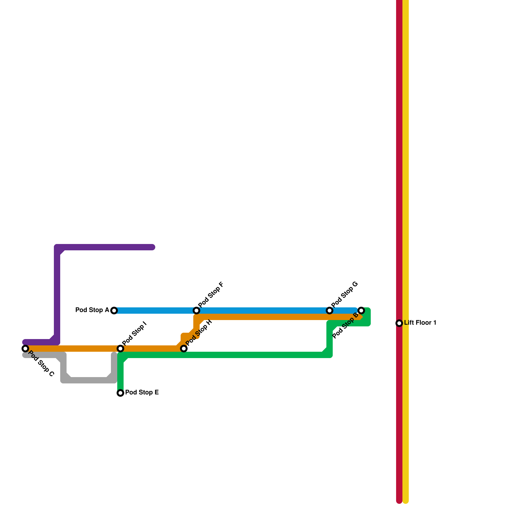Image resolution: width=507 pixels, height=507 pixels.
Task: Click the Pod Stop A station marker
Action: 114,311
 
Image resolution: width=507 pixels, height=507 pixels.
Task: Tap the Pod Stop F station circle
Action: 196,311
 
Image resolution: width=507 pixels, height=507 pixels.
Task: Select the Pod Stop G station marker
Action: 330,311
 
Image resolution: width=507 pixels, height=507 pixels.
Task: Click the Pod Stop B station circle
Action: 361,311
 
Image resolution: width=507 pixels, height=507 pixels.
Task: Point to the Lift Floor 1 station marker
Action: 399,323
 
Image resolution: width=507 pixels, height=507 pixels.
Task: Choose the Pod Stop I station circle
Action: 120,349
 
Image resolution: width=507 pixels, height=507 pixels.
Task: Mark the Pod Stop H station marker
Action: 184,349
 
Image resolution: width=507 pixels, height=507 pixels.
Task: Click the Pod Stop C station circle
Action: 25,349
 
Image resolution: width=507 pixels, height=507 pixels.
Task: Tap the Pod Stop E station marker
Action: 120,393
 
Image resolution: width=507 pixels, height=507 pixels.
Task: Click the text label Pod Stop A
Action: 92,310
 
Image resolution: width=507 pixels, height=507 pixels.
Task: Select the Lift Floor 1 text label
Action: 420,323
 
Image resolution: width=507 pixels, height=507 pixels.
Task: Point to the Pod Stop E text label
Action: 142,393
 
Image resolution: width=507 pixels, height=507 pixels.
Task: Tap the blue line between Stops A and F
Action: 155,311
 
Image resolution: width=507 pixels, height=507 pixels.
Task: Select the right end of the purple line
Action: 153,247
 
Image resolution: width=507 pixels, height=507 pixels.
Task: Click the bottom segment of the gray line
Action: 89,380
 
